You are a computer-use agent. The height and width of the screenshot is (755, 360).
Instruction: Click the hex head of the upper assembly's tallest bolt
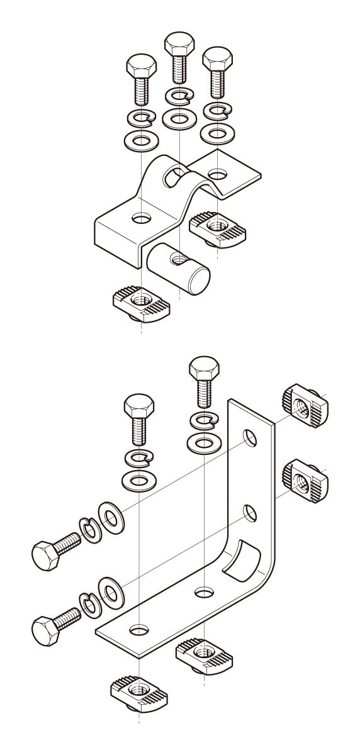point(179,45)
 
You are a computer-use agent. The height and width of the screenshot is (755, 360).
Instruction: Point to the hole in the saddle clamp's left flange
point(142,219)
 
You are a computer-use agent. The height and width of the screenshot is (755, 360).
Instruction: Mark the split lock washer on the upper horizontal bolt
point(90,530)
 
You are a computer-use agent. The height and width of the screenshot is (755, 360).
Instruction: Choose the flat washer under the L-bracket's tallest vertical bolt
point(203,442)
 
